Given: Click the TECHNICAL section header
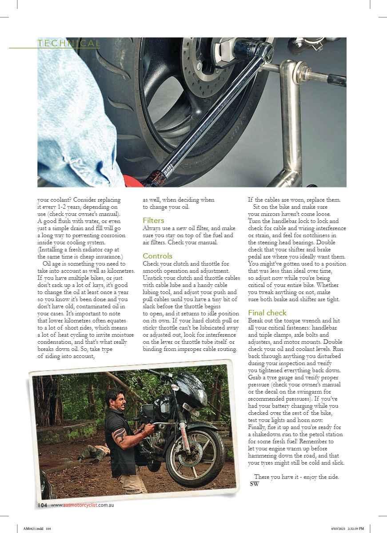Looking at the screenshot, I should coord(68,43).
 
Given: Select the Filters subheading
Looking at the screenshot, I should coord(153,220).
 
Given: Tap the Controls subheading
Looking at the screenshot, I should coord(157,256).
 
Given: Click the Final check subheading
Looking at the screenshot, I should coord(267,313).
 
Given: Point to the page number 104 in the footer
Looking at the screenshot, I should coord(42,505).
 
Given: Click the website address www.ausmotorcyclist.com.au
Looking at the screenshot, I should coord(83,505).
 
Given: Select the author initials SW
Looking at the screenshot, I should coord(255,484).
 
